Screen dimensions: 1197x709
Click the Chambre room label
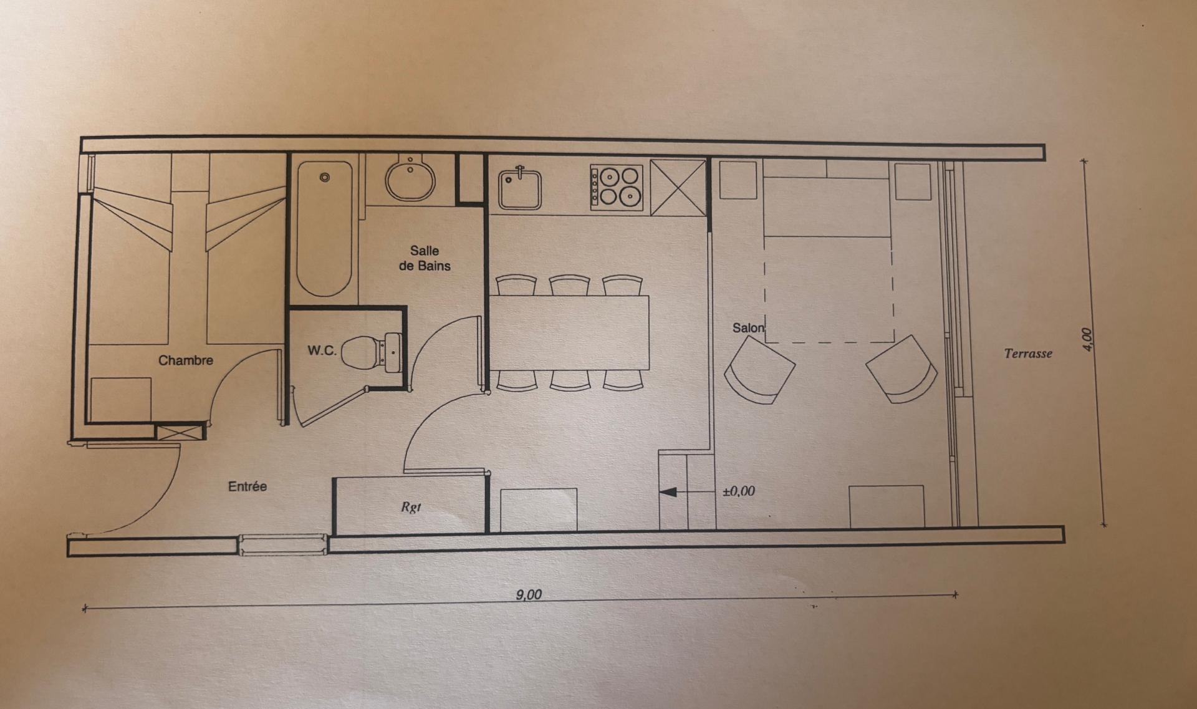click(186, 360)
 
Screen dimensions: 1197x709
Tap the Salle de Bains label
click(425, 258)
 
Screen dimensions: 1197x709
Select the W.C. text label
click(322, 351)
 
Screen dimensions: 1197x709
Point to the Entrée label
click(248, 486)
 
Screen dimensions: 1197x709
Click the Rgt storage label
click(411, 507)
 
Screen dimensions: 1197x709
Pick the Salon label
click(749, 328)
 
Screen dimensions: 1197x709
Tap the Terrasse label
click(1028, 354)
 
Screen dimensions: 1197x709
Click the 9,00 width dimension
click(529, 594)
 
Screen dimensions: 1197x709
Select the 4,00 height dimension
click(1087, 340)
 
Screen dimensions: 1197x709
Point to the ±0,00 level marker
click(739, 491)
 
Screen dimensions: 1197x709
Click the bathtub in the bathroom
click(324, 229)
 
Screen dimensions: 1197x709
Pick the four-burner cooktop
click(617, 187)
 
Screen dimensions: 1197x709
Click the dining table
click(569, 332)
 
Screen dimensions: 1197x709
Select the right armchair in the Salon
click(902, 369)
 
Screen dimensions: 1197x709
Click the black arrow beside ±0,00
click(668, 492)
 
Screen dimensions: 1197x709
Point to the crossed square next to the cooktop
click(678, 187)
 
